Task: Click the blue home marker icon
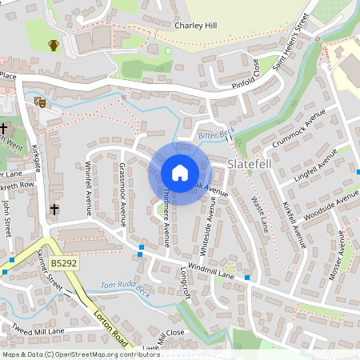[180, 173]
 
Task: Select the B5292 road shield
[65, 262]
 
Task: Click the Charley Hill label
[196, 26]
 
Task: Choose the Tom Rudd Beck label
[126, 286]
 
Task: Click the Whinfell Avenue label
[90, 189]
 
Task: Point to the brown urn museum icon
[54, 45]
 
